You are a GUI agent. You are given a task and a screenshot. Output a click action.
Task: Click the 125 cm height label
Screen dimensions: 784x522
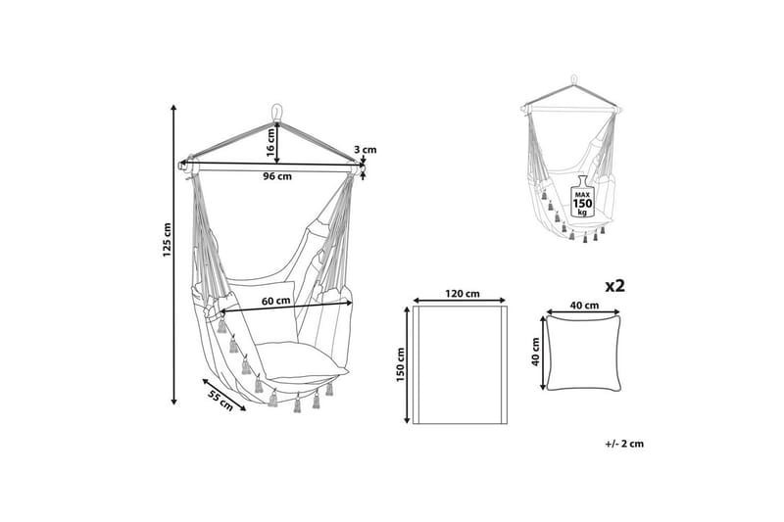click(167, 240)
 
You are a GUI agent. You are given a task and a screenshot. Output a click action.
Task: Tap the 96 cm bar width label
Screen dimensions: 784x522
click(277, 176)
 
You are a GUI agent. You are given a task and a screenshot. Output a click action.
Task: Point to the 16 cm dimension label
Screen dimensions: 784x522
click(270, 142)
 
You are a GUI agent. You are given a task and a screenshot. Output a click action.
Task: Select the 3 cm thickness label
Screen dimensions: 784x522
click(365, 150)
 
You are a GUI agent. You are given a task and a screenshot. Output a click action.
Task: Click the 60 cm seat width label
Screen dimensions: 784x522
click(276, 301)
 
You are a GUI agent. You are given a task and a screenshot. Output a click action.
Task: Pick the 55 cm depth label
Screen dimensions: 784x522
click(220, 402)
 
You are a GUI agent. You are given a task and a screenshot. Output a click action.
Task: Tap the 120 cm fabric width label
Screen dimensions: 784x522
click(464, 293)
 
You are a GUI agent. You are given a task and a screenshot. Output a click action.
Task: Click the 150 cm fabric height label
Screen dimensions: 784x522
click(401, 365)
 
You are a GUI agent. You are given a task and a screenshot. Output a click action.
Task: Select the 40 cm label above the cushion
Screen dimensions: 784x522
click(584, 306)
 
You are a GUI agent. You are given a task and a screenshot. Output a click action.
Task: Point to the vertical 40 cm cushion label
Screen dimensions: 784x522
click(535, 353)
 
